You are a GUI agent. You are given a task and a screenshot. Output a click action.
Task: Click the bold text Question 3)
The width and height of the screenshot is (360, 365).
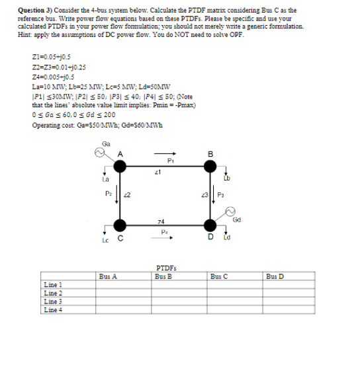(30, 10)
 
